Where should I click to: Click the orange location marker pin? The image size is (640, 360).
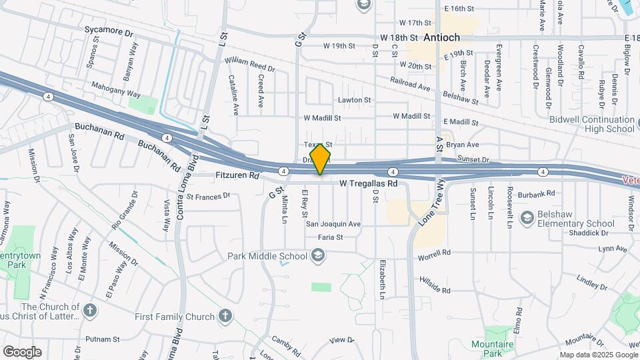(x=321, y=159)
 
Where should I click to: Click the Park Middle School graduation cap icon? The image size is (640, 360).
(x=318, y=256)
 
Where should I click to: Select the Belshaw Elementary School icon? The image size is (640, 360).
(x=527, y=218)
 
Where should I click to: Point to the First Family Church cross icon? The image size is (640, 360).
(x=225, y=316)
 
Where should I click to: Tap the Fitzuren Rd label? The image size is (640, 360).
(x=237, y=176)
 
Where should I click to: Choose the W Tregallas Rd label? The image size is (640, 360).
(x=368, y=183)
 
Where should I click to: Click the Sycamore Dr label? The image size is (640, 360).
(x=109, y=31)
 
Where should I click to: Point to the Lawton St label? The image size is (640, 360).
(x=354, y=100)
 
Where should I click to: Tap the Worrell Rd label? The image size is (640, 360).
(x=434, y=253)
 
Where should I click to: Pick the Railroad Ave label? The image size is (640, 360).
(x=411, y=85)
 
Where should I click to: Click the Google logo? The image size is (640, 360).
(x=22, y=351)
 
